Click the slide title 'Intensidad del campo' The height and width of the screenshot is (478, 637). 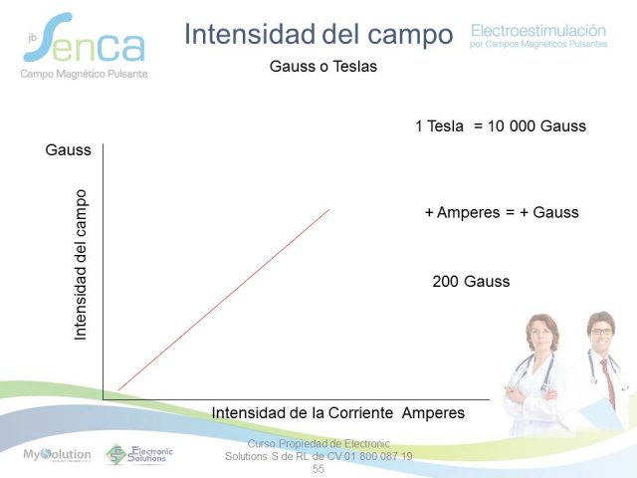point(318,35)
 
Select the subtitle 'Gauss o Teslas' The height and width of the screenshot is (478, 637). point(323,67)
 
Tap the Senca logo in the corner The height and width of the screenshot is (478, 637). point(84,38)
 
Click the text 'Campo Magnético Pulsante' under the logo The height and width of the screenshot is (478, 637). point(84,74)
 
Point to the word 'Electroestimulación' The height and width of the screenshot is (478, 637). point(538,31)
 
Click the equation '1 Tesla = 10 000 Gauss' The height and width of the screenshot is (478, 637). point(501,126)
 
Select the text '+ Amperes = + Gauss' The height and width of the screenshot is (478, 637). point(502,212)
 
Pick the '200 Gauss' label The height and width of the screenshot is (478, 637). point(471,281)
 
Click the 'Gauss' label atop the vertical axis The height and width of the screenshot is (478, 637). point(69,150)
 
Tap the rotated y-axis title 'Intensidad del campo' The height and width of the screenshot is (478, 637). point(81,265)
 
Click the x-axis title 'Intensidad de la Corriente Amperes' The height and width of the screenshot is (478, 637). point(338,413)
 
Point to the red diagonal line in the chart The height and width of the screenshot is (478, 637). point(224,300)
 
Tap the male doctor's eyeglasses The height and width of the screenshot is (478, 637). point(601,332)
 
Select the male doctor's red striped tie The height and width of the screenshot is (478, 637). point(608,382)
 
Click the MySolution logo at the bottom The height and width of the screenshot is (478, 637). point(57,455)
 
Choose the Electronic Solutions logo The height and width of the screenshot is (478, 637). point(139,454)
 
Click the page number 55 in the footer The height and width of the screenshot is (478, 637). point(318,469)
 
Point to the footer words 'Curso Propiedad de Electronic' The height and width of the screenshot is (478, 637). point(318,443)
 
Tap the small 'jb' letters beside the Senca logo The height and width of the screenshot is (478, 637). point(33,38)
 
